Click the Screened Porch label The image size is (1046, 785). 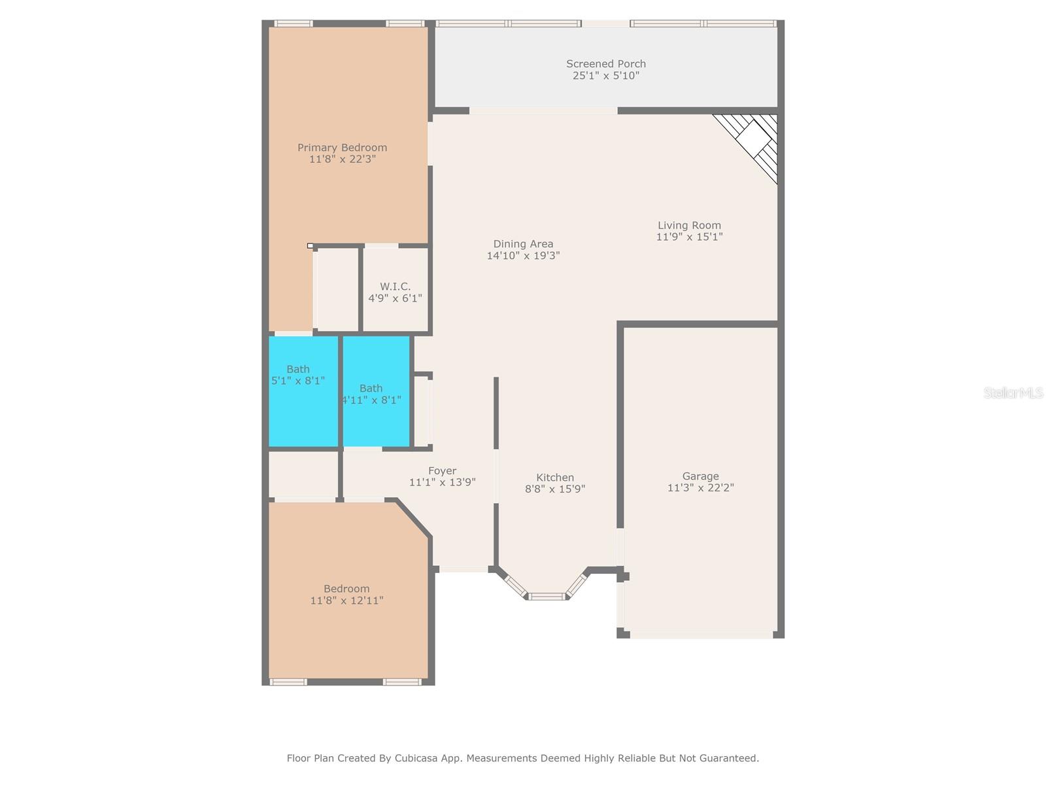[605, 63]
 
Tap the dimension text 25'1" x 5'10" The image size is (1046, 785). [605, 76]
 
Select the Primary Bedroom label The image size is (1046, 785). [342, 147]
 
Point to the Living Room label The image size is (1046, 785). [689, 225]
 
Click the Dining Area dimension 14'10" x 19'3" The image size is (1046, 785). [523, 256]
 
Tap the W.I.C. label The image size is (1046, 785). [395, 287]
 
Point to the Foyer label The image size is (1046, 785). [442, 470]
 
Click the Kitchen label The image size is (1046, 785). [555, 478]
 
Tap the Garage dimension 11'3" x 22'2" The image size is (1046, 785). [700, 488]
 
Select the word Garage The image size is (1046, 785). [700, 476]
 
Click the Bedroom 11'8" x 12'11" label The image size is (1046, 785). [346, 594]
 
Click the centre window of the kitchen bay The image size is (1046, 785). [547, 596]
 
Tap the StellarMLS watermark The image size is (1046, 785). [1013, 392]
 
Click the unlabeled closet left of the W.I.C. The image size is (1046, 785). [337, 289]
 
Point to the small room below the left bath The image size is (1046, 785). [303, 475]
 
